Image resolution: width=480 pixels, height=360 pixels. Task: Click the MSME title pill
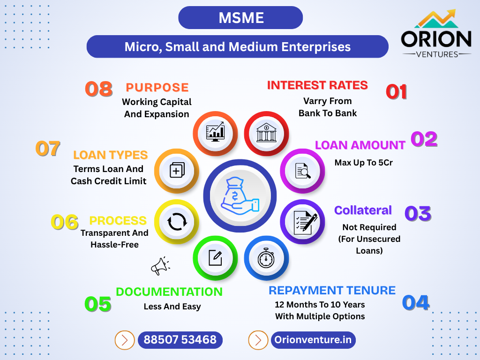[x=240, y=18]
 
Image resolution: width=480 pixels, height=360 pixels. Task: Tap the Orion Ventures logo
[x=436, y=34]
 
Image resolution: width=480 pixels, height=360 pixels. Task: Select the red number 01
[x=397, y=92]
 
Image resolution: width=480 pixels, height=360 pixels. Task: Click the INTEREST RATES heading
[x=317, y=85]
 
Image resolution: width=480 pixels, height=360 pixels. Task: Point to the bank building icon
[x=266, y=133]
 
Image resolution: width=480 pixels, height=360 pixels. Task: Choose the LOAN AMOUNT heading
[x=360, y=145]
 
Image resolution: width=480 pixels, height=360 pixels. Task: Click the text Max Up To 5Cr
[x=363, y=163]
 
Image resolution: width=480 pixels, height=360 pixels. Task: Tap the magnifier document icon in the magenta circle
[x=302, y=171]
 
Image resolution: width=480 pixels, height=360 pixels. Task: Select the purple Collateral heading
[x=363, y=210]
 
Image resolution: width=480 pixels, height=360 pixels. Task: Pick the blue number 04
[x=416, y=303]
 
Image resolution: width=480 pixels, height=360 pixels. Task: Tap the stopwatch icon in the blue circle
[x=266, y=258]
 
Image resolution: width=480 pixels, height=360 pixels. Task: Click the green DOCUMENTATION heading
[x=169, y=292]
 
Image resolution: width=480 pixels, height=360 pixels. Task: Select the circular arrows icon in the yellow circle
[x=177, y=222]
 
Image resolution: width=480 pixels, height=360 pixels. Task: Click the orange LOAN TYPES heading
[x=111, y=155]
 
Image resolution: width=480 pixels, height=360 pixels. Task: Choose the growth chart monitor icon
[x=216, y=132]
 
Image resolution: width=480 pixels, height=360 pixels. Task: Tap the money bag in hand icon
[x=240, y=196]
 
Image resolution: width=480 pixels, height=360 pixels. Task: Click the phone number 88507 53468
[x=180, y=340]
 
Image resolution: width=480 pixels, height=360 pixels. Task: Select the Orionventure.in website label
[x=313, y=340]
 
